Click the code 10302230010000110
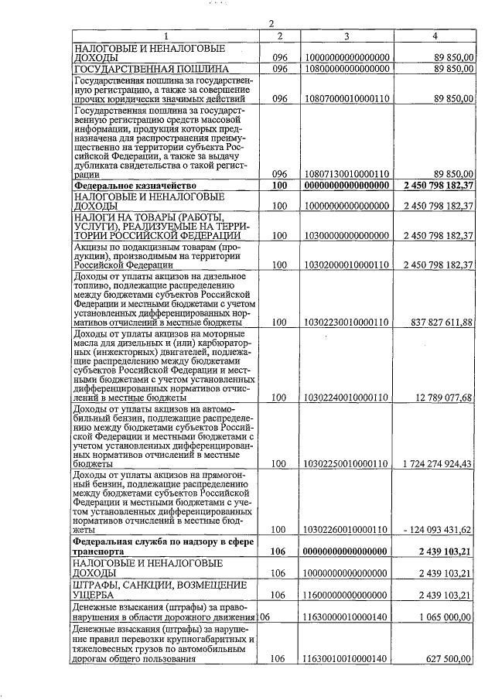(346, 323)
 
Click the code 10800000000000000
(346, 69)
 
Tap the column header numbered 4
(436, 36)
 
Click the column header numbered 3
(346, 36)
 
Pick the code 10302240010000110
(346, 398)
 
